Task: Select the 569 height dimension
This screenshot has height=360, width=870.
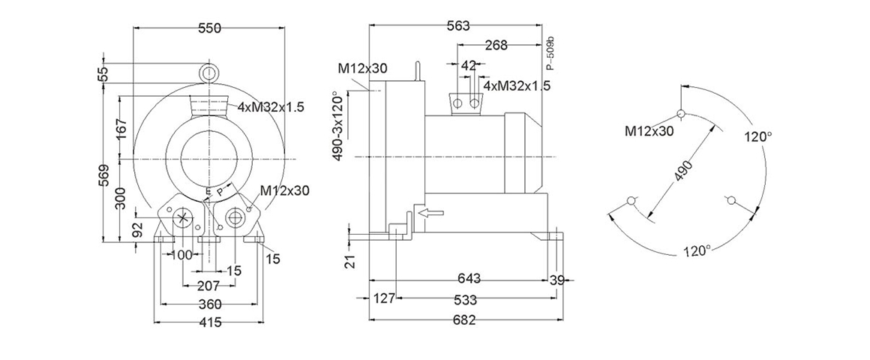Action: point(104,173)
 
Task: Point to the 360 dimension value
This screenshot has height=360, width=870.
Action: point(210,304)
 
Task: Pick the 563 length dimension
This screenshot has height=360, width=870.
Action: point(457,26)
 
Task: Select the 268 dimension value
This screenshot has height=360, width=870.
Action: point(496,46)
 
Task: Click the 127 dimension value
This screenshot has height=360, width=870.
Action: point(383,299)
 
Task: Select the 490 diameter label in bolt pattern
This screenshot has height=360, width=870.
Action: point(683,171)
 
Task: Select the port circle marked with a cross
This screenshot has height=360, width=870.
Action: point(184,218)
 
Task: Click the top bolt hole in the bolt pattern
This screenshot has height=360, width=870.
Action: point(681,114)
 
